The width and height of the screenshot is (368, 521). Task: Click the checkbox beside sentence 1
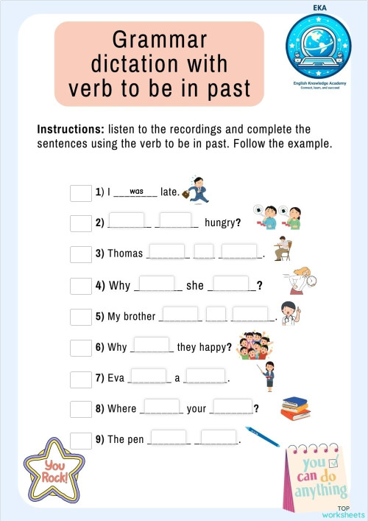coord(80,193)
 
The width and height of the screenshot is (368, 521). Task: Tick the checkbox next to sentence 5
coord(80,317)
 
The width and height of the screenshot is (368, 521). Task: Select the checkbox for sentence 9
coord(80,440)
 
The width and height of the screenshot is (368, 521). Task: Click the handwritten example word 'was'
coord(136,191)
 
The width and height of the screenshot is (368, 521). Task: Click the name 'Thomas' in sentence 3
coord(125,253)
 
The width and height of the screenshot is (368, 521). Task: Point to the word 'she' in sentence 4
coord(195,285)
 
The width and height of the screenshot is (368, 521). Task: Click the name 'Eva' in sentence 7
coord(116,378)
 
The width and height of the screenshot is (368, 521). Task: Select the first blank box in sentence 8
coord(160,406)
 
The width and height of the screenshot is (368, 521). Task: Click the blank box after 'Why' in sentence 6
coord(152,345)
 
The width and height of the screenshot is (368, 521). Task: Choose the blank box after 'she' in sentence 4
coord(231,283)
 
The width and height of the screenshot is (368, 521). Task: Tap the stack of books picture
coord(295,408)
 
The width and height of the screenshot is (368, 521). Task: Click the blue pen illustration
coord(262,436)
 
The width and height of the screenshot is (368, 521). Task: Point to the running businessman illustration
coord(197,189)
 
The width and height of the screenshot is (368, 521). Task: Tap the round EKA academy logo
coord(319,48)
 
